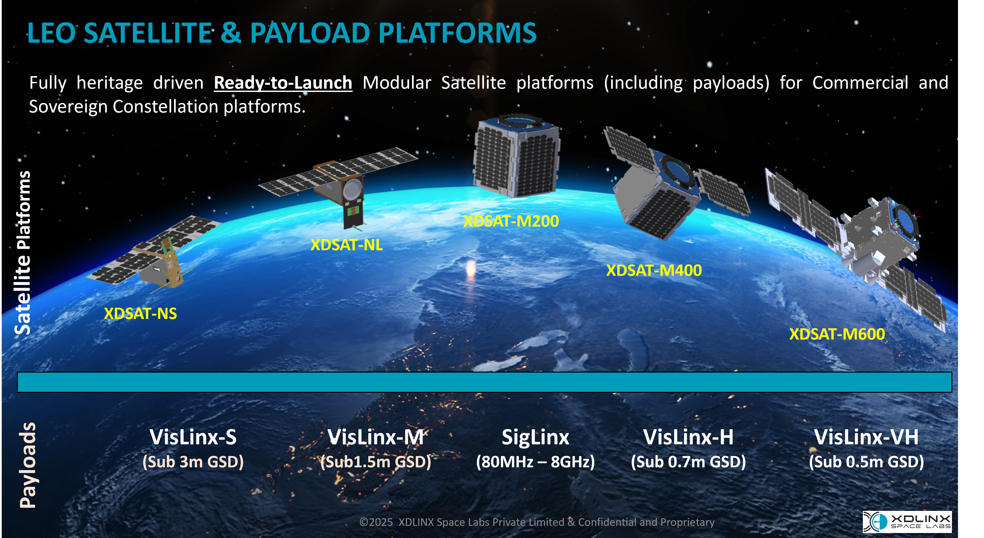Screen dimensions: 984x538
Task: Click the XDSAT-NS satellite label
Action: pos(141,314)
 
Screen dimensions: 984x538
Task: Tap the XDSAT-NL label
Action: pos(347,245)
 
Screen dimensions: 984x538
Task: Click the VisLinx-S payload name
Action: pos(193,437)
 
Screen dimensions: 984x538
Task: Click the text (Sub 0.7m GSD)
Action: pos(688,462)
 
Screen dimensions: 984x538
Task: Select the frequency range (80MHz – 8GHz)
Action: pos(535,462)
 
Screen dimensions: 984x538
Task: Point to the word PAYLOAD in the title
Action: pos(310,33)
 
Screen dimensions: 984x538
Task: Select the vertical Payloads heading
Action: pos(28,465)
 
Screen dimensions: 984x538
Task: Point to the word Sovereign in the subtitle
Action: pos(69,107)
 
